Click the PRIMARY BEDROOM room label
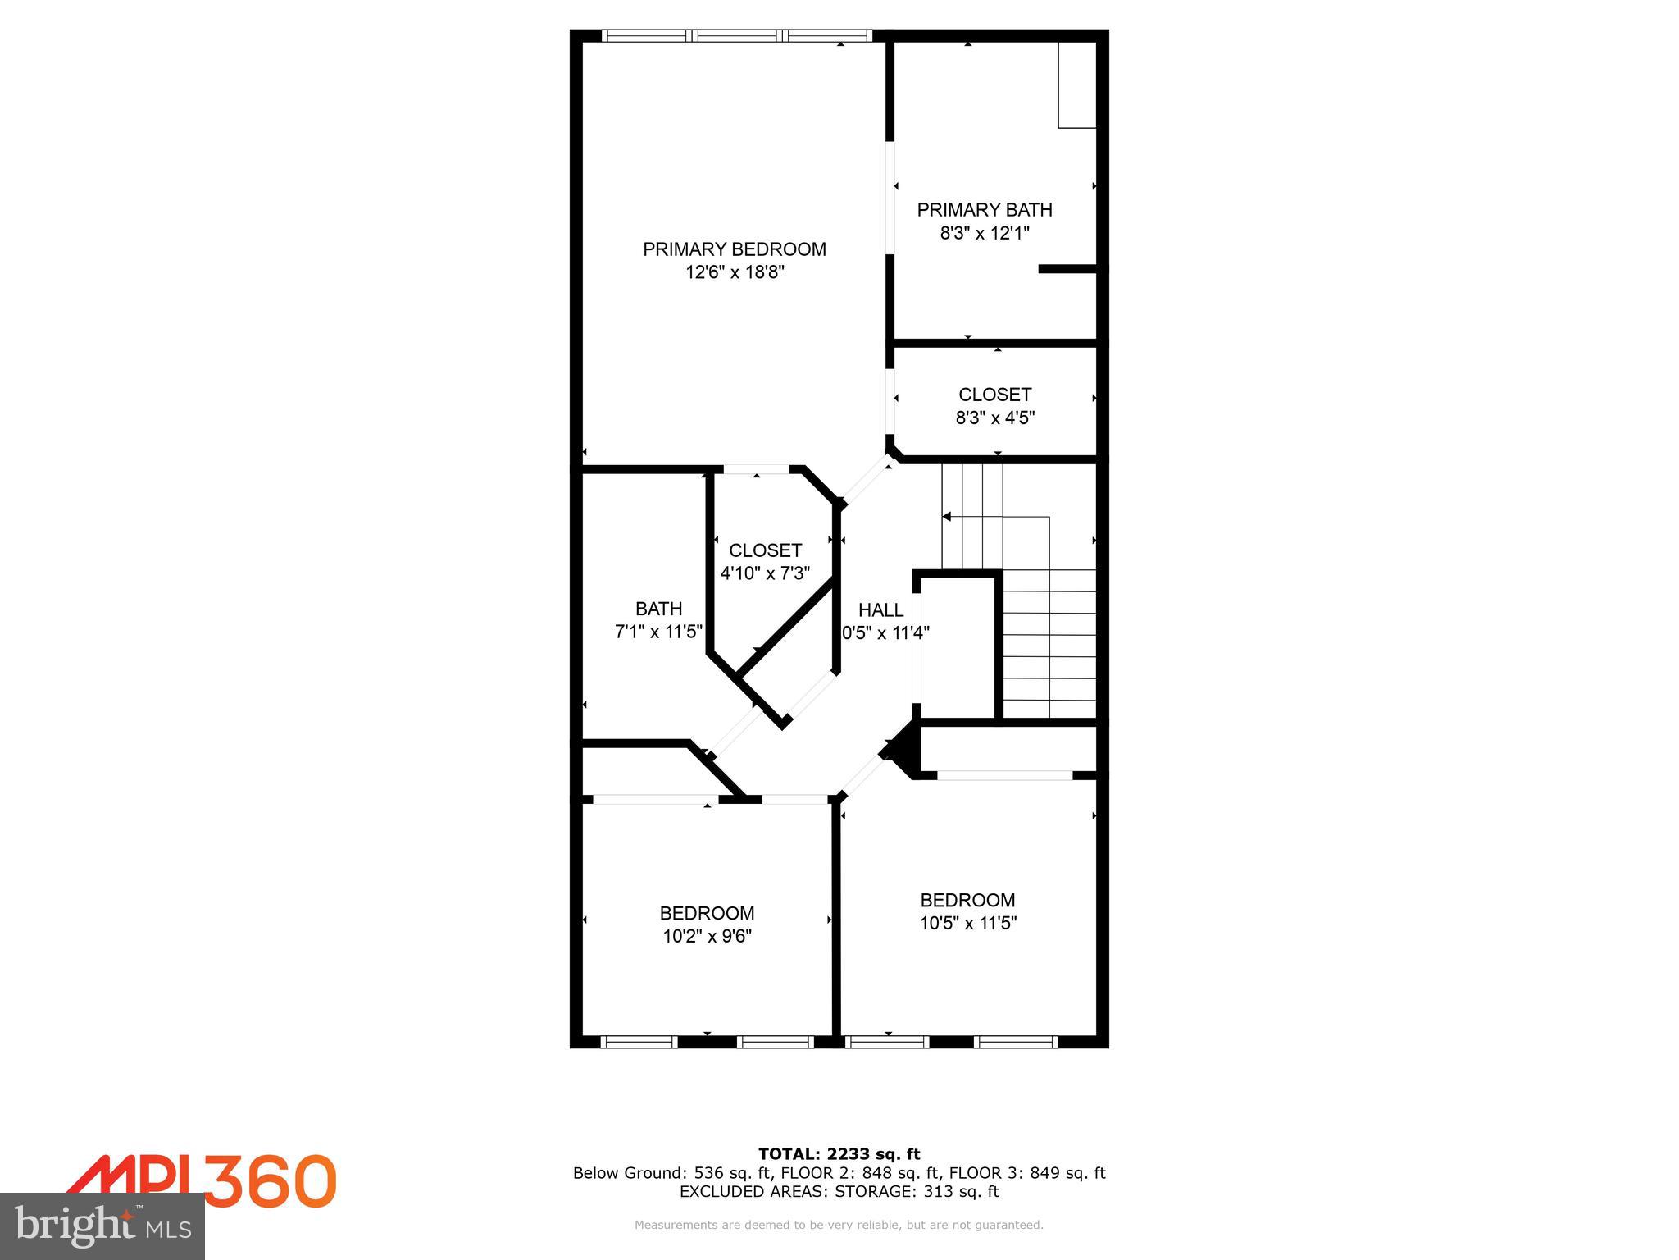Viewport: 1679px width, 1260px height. (x=734, y=249)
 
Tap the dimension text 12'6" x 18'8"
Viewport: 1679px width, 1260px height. (x=735, y=272)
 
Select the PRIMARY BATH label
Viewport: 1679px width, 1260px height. (x=984, y=210)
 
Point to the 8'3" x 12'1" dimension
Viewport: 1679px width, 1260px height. (x=984, y=233)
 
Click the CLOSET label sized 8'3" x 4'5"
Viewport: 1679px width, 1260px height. (x=994, y=395)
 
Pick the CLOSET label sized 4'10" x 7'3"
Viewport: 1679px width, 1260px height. (x=765, y=550)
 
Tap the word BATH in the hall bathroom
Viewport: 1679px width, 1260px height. (x=658, y=609)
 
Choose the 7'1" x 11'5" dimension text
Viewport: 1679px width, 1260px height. (x=658, y=632)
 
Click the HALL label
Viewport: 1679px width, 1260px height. (x=880, y=610)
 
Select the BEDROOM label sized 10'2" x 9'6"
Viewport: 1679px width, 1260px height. (x=707, y=913)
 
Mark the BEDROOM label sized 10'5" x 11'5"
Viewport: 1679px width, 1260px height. (x=967, y=900)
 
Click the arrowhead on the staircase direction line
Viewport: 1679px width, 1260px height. (x=946, y=517)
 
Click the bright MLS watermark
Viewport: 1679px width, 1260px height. (x=102, y=1226)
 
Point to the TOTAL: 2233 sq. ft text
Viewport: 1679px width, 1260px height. (x=839, y=1154)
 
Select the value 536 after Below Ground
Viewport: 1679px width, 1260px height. (x=708, y=1173)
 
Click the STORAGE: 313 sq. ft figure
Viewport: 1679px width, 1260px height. (x=917, y=1192)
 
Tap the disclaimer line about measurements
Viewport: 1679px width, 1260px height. (x=839, y=1225)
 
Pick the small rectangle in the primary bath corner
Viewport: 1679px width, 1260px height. (x=1077, y=85)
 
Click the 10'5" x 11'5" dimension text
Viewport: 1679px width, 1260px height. (x=967, y=923)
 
